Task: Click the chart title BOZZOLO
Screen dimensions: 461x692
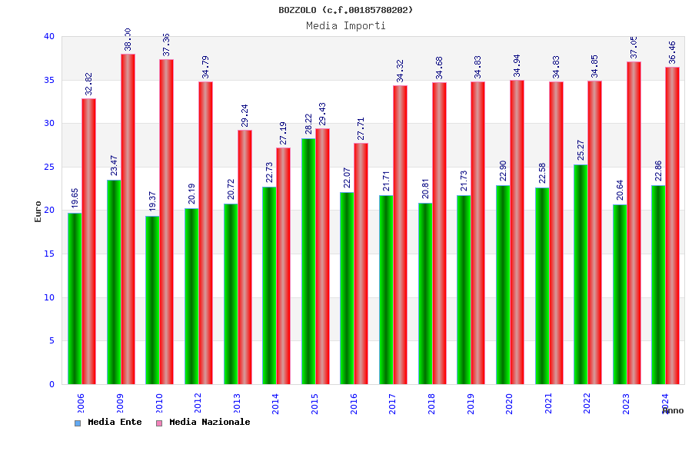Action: [x=345, y=10]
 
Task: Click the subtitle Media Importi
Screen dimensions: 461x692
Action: [x=345, y=25]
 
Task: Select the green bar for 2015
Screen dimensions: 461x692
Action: [x=308, y=261]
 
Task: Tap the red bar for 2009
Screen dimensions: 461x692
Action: [x=128, y=219]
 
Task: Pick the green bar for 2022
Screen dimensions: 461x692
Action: [x=581, y=274]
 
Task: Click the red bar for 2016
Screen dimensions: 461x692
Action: [x=361, y=264]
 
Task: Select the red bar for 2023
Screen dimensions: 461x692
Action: [x=634, y=223]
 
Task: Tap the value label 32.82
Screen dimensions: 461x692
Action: [x=89, y=84]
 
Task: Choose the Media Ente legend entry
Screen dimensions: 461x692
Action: [x=108, y=422]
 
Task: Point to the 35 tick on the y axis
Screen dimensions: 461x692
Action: [x=49, y=80]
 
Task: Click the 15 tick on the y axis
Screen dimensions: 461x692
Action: [x=49, y=254]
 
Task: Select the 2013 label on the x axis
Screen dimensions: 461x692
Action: [x=237, y=403]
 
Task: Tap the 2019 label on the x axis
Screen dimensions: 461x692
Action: [x=471, y=403]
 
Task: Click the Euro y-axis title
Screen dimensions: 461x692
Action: [x=38, y=211]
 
